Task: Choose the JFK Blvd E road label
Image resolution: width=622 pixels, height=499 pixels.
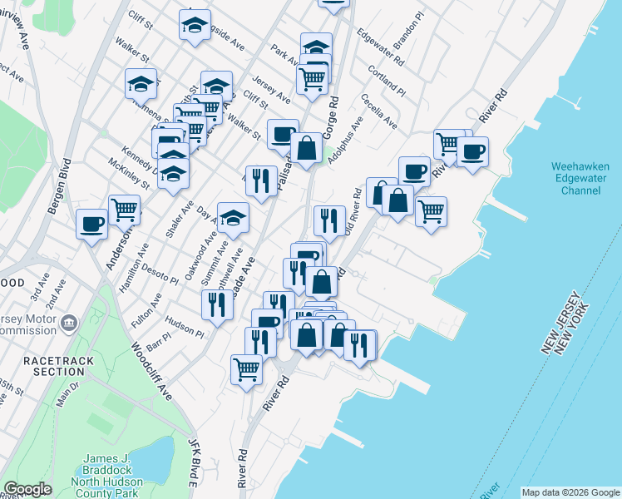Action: pos(194,461)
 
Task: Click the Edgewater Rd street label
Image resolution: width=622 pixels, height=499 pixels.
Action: pos(380,48)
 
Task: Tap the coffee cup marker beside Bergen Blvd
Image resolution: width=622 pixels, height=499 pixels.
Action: pos(91,223)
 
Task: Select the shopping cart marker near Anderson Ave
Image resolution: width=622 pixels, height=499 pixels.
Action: pos(124,209)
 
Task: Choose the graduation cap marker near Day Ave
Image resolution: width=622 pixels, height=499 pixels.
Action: pos(233,218)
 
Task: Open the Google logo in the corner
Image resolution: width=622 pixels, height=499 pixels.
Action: pos(27,489)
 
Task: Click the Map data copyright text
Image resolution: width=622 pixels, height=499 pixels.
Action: pos(570,492)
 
